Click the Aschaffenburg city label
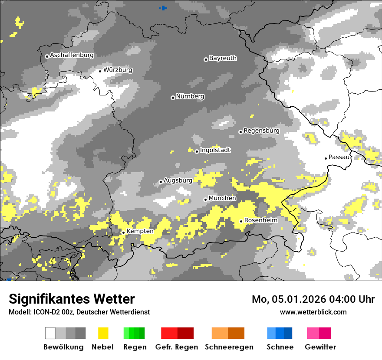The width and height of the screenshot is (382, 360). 72,55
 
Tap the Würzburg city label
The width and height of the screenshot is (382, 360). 118,70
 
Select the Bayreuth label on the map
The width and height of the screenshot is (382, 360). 223,58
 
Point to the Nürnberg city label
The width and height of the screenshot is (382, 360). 190,96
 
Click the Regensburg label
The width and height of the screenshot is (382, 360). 261,131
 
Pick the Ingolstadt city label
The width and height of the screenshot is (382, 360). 215,150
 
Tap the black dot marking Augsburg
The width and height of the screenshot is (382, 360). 161,182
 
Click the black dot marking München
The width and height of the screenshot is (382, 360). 206,200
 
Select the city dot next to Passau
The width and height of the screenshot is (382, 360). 326,158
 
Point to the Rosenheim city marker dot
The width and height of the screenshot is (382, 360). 241,221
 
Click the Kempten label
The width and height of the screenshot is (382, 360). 140,231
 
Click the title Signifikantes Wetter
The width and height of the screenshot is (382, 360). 72,299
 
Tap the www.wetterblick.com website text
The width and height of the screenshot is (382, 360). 313,312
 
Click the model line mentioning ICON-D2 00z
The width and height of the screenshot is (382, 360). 79,312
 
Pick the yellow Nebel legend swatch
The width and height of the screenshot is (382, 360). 103,333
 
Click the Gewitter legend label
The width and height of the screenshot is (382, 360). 320,347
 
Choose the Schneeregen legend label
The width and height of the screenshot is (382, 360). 229,347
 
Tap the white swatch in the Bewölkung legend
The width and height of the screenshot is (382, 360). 50,333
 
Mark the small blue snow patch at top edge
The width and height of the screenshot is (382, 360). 164,8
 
